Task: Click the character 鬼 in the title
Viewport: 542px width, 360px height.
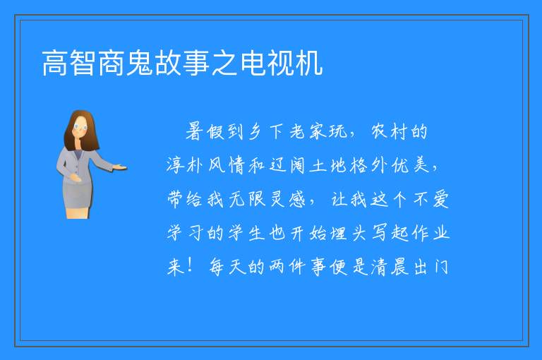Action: (140, 63)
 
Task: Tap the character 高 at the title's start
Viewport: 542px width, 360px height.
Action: (55, 63)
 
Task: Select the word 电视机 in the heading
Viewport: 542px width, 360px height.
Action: (282, 63)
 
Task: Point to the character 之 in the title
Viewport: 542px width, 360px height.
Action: (224, 63)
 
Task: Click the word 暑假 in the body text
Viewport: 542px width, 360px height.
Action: (205, 132)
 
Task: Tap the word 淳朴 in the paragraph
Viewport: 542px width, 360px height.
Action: (185, 165)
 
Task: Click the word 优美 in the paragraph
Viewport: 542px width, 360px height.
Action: (411, 165)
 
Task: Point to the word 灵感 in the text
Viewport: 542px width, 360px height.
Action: (288, 199)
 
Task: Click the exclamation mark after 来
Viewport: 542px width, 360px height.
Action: (190, 265)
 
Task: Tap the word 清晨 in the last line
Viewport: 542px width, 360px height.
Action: (390, 267)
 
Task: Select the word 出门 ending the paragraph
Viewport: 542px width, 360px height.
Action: (431, 267)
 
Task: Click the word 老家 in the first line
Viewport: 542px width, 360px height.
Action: (307, 132)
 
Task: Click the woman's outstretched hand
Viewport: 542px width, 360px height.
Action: (120, 168)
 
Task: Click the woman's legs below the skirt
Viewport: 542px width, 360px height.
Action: (78, 212)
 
